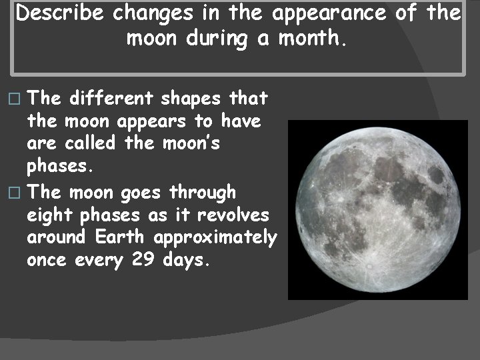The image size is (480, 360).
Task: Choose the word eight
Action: [51, 216]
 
